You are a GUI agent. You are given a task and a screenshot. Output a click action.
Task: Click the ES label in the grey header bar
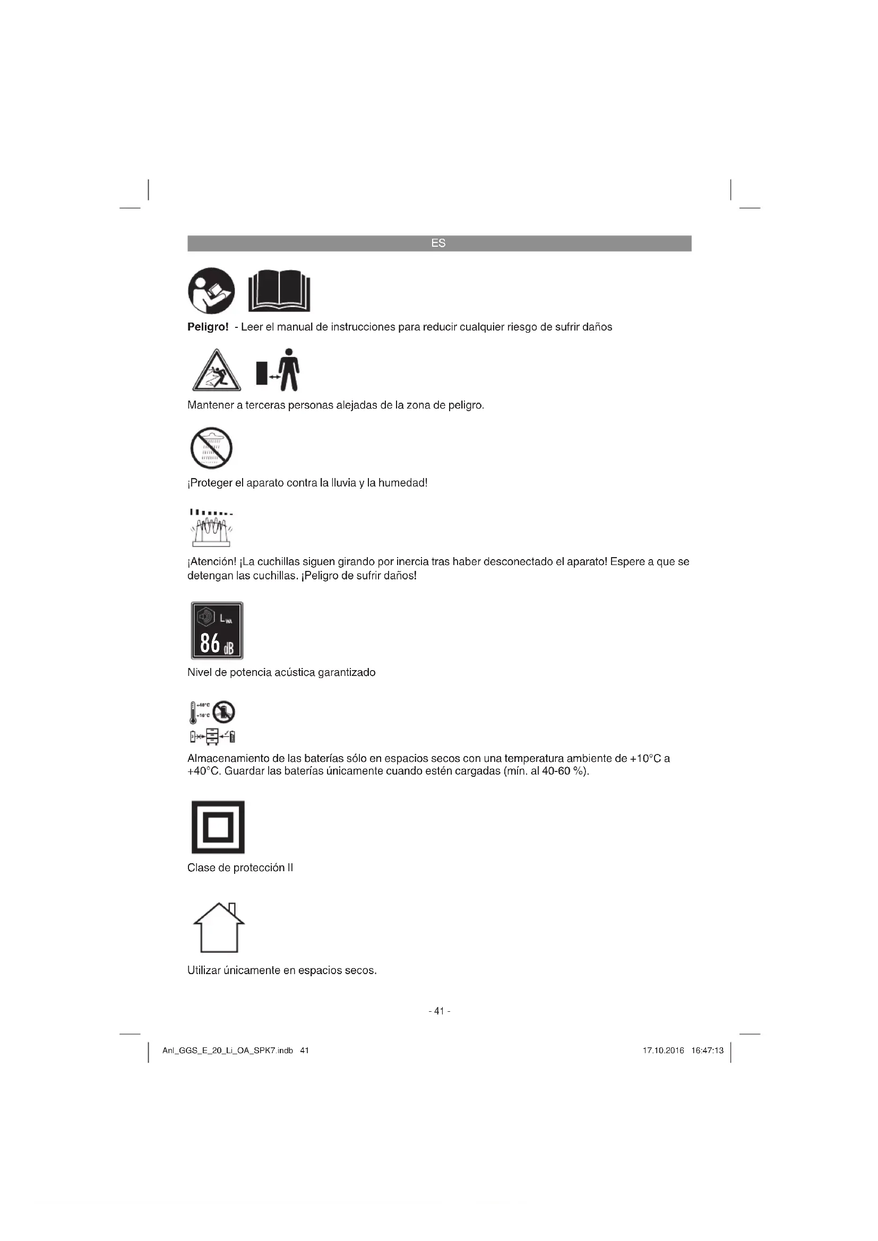pos(438,243)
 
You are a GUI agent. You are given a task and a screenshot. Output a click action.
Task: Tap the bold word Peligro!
pos(208,327)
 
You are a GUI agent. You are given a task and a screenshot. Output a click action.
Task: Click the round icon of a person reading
pos(211,291)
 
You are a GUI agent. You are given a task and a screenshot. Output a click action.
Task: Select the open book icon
pos(279,291)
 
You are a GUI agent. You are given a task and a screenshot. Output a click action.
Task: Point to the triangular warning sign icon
pos(216,371)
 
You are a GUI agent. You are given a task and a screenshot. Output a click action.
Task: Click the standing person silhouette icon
pos(290,370)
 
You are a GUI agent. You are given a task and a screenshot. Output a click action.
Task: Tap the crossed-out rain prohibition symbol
pos(211,448)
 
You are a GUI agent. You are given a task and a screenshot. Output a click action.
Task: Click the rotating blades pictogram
pos(211,528)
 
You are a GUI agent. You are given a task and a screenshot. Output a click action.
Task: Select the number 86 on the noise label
pos(210,643)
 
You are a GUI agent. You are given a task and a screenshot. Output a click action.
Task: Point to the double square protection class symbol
pos(218,827)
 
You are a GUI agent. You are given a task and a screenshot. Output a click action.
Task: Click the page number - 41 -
pos(439,1011)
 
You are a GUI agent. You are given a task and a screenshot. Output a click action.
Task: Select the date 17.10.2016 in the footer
pos(664,1051)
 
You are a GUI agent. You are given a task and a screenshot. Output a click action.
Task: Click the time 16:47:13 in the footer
pos(707,1051)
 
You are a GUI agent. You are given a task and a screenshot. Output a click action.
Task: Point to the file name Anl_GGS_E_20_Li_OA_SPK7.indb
pos(228,1051)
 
